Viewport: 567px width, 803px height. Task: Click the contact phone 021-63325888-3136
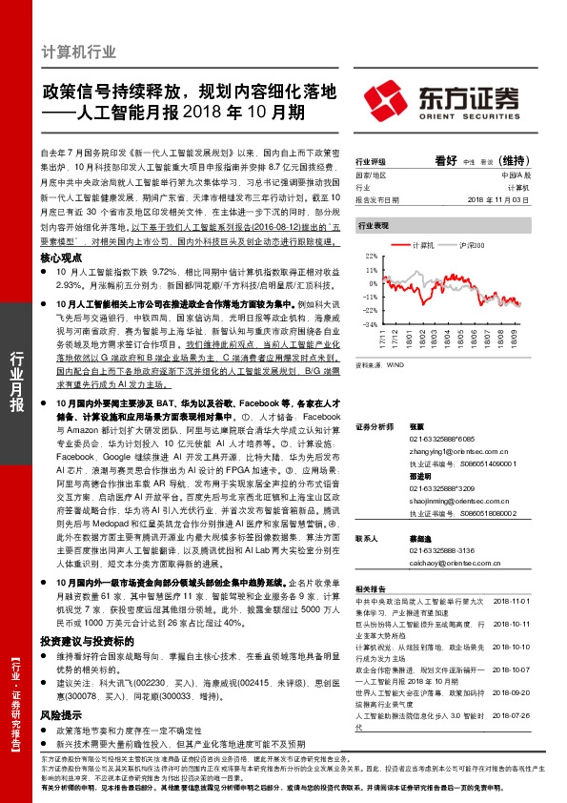436,550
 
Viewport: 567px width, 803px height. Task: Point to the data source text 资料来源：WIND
377,364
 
